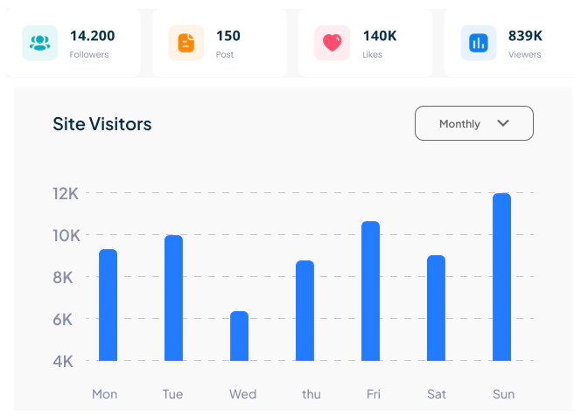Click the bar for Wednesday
[239, 336]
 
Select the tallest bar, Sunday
[501, 277]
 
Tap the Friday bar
[370, 291]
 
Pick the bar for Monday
[108, 305]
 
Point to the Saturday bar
[436, 308]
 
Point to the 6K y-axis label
[66, 319]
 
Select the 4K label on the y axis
[66, 361]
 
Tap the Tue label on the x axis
[173, 394]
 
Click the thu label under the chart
[311, 394]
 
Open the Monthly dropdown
[473, 123]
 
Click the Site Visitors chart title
[101, 124]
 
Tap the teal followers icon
[39, 43]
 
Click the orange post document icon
[186, 43]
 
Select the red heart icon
[332, 43]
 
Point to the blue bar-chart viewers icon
[479, 43]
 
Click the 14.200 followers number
[92, 36]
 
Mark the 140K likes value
[380, 36]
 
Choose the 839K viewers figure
[525, 36]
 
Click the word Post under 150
[225, 54]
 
